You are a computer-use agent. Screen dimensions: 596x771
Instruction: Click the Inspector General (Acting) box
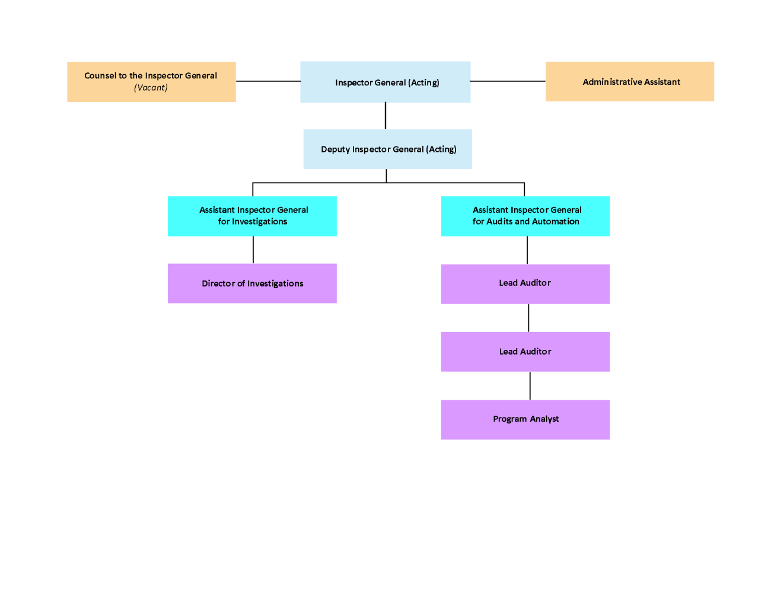click(385, 82)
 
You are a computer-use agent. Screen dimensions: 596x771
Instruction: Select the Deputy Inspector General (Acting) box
click(387, 149)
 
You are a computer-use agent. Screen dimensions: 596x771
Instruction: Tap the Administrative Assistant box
click(629, 81)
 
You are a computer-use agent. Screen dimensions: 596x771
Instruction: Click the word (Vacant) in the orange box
click(151, 88)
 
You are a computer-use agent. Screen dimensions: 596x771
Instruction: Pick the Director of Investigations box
click(252, 283)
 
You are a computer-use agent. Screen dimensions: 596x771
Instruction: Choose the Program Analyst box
click(525, 419)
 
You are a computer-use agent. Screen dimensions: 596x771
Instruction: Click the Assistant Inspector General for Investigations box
click(252, 216)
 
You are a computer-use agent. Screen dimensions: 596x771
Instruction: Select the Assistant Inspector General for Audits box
click(525, 216)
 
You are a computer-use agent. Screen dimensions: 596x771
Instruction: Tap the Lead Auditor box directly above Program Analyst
click(525, 352)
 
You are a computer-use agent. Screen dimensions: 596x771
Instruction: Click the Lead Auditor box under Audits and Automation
click(525, 283)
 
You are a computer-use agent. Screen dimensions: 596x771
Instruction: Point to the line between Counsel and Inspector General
click(268, 81)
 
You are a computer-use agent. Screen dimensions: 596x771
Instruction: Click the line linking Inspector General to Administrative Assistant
click(508, 81)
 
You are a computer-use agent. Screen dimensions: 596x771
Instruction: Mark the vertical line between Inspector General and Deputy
click(385, 116)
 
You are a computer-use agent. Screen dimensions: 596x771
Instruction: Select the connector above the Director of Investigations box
click(253, 250)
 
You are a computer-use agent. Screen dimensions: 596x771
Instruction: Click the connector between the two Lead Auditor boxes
click(528, 318)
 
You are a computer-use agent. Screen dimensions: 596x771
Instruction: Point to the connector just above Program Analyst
click(530, 385)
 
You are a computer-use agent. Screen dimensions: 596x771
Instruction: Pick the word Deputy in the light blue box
click(335, 149)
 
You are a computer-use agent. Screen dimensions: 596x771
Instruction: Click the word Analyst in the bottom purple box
click(544, 419)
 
